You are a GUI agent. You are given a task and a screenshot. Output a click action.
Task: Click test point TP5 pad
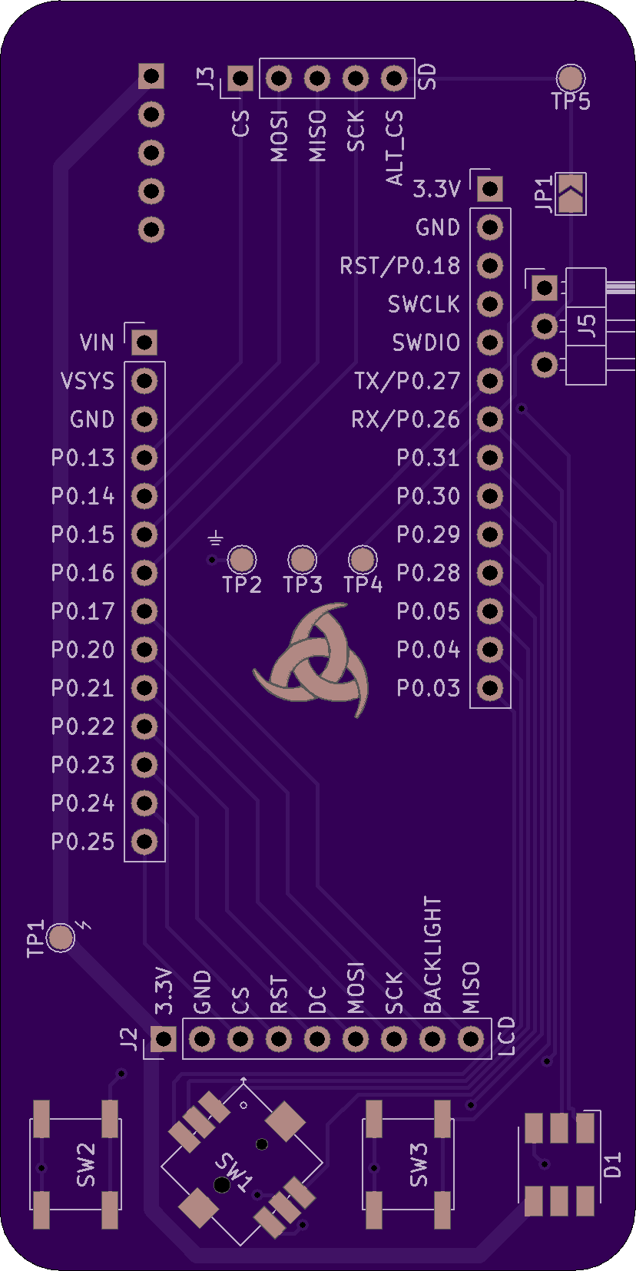pos(570,78)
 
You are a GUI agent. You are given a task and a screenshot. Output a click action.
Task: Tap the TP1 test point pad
pos(61,938)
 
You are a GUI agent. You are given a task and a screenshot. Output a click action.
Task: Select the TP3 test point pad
pos(302,559)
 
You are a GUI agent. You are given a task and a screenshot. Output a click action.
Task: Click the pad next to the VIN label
pos(144,343)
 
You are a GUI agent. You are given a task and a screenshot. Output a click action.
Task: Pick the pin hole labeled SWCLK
pos(490,304)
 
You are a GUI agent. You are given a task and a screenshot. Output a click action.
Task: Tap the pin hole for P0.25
pos(144,842)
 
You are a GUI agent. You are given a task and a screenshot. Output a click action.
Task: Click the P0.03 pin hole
pos(490,688)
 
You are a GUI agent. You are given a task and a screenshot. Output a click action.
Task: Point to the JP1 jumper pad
pos(571,194)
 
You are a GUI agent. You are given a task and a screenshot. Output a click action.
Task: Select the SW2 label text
pos(86,1166)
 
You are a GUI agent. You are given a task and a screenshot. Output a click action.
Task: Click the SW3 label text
pos(419,1166)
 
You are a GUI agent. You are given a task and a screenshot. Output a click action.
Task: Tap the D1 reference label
pos(612,1165)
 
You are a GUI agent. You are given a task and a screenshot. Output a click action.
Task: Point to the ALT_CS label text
pos(395,147)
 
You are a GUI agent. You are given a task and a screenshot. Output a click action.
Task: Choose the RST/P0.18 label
pos(400,266)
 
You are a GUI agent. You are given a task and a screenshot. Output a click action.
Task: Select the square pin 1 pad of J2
pos(163,1040)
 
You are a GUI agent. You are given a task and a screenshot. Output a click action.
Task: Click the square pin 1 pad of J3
pos(240,78)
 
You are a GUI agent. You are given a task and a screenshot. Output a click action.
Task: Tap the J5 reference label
pos(588,326)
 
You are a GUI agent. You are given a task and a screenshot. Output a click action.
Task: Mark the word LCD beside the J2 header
pos(506,1036)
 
